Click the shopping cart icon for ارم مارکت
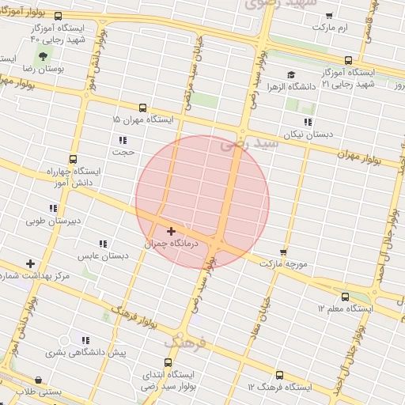[x=329, y=16]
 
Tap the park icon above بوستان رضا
[x=42, y=55]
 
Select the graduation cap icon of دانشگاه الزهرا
[x=291, y=75]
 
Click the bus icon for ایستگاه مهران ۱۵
[x=142, y=108]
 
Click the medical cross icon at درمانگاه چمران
[x=171, y=231]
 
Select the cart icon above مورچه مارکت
[x=283, y=252]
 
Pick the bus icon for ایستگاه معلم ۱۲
[x=345, y=297]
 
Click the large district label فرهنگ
[x=187, y=343]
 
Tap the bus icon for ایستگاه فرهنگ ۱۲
[x=278, y=376]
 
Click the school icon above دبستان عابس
[x=103, y=244]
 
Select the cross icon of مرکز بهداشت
[x=30, y=263]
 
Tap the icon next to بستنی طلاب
[x=38, y=380]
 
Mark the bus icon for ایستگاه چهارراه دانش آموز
[x=74, y=158]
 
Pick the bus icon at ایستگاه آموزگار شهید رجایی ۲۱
[x=348, y=60]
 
